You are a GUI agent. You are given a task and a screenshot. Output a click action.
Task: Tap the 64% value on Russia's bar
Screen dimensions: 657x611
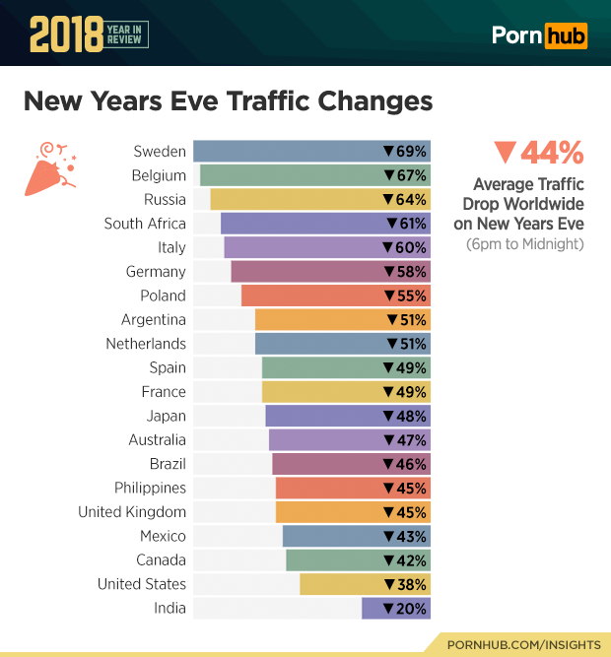(x=405, y=200)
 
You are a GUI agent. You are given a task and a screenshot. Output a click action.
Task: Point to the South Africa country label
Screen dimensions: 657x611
(x=145, y=224)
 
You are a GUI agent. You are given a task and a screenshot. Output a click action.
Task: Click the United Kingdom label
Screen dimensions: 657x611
(x=132, y=512)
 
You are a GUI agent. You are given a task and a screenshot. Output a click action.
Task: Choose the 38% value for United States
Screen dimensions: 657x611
(x=405, y=584)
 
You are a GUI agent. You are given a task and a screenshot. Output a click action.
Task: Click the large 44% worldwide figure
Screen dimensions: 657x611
(x=539, y=153)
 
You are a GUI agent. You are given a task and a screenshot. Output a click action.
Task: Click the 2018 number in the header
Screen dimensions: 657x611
(x=65, y=34)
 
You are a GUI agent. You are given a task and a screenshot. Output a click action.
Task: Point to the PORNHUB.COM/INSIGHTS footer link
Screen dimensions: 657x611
(x=523, y=644)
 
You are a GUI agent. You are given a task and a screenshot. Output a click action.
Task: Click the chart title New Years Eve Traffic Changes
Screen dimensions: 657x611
(x=228, y=101)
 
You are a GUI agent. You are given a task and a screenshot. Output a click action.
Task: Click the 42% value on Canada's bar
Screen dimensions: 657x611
(x=405, y=560)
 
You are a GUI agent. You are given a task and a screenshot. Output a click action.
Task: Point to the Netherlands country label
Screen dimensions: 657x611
(x=146, y=344)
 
